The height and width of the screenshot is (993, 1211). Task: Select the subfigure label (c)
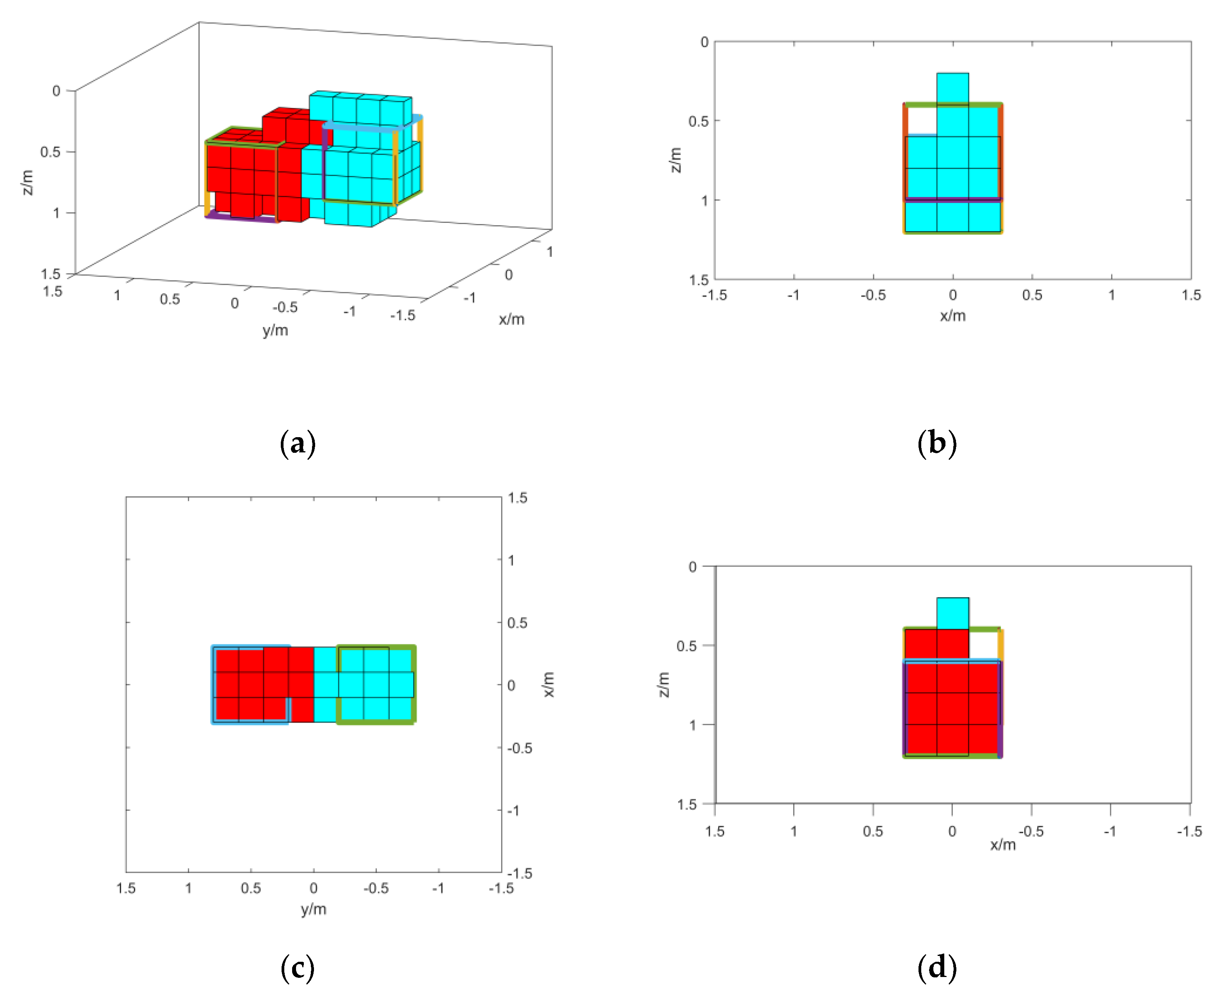[x=298, y=968]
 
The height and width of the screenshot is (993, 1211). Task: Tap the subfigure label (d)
[x=937, y=968]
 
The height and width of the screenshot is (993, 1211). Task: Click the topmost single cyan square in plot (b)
[x=952, y=89]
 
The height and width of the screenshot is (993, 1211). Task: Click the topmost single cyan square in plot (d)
[x=952, y=613]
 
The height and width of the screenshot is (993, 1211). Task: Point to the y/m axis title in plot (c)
[x=314, y=909]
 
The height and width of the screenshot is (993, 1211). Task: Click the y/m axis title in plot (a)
[x=275, y=330]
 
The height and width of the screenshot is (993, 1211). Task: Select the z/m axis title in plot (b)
[x=676, y=160]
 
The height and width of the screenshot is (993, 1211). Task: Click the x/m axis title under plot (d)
[x=1003, y=845]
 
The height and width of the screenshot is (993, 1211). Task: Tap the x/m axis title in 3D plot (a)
[x=511, y=319]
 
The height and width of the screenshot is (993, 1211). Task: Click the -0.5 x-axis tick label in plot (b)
[x=873, y=295]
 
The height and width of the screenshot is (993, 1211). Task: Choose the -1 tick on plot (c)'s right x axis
[x=514, y=811]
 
